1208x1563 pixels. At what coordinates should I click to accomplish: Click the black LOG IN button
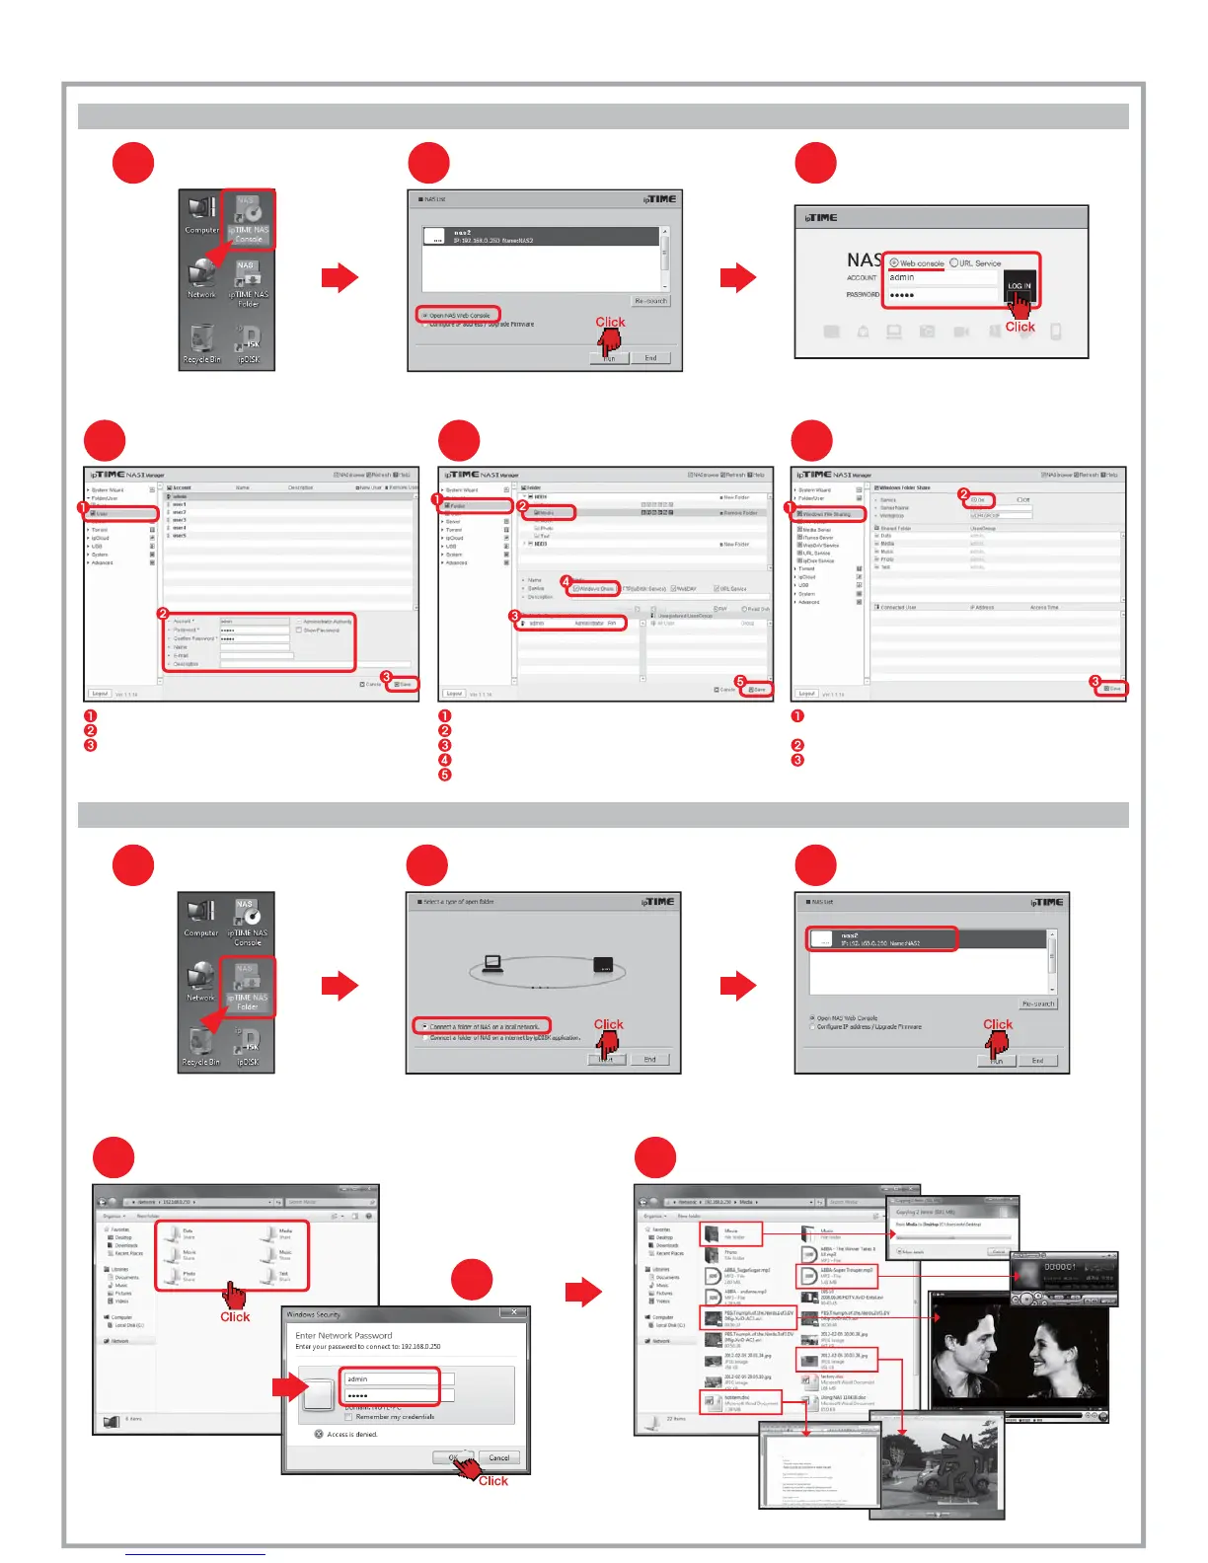point(1019,285)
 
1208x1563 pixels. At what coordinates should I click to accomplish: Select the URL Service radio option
point(954,263)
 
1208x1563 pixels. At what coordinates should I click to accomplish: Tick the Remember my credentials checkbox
point(348,1417)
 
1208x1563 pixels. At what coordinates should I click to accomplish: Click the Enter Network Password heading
point(343,1335)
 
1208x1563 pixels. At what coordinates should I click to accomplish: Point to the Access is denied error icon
point(319,1434)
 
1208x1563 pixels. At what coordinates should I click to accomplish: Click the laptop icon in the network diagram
point(492,964)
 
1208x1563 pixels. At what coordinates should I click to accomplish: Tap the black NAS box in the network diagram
point(604,965)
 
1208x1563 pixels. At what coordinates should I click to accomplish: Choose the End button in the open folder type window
point(649,1060)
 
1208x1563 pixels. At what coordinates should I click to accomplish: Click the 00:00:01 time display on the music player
point(1059,1266)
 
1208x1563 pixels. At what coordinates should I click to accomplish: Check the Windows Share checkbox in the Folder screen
point(576,589)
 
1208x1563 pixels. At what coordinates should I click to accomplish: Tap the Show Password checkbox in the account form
point(299,631)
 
